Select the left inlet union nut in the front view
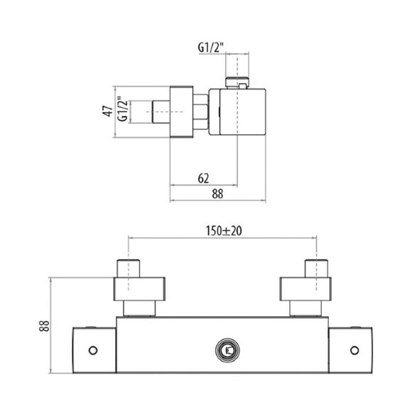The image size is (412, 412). (141, 290)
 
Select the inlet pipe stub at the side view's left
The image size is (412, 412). (161, 112)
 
